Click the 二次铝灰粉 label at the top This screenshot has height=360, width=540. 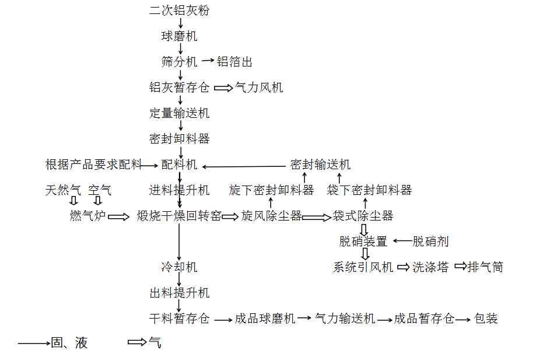(179, 10)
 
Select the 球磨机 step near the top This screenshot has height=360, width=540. (179, 36)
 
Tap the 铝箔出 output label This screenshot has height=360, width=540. (234, 62)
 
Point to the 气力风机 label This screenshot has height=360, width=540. (259, 88)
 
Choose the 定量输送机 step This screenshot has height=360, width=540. (179, 113)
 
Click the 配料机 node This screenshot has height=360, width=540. (179, 165)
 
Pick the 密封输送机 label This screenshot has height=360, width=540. (320, 165)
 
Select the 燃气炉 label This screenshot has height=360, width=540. (87, 216)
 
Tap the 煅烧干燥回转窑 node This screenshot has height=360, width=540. (179, 216)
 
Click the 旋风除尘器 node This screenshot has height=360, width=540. (271, 216)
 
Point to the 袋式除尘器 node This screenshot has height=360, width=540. (363, 216)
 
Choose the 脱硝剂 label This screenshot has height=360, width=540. (430, 242)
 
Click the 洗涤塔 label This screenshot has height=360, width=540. (430, 267)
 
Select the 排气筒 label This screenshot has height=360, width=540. (485, 267)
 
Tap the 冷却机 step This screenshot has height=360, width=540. (179, 267)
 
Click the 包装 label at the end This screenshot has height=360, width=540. (486, 319)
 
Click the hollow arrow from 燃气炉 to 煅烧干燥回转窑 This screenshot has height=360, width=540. (118, 216)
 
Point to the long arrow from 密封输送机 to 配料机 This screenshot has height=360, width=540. (244, 167)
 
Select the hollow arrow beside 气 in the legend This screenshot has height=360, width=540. (137, 342)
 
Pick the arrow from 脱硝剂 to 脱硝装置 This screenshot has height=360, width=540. (402, 241)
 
